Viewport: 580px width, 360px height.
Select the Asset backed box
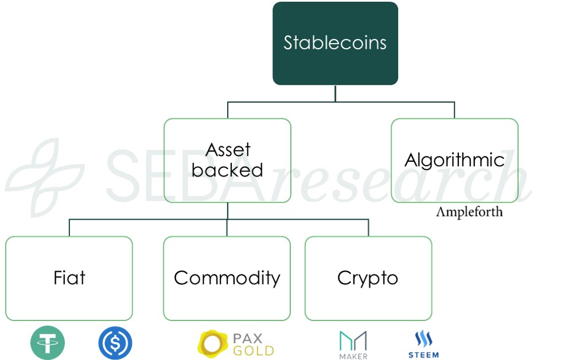click(x=227, y=161)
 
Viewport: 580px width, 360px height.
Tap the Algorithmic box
click(x=454, y=161)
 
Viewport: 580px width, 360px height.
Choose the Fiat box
click(x=69, y=278)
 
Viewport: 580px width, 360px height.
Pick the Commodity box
click(x=227, y=278)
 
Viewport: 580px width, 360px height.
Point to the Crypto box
click(x=368, y=278)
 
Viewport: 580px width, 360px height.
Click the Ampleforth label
click(x=469, y=212)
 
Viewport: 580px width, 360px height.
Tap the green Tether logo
click(x=48, y=343)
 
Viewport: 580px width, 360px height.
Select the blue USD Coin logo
click(x=115, y=343)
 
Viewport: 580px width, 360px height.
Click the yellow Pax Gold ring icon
click(x=213, y=343)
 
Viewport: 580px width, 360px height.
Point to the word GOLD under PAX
click(x=253, y=350)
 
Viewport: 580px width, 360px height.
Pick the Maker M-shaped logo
click(x=353, y=341)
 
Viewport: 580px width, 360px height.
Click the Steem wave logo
click(x=423, y=339)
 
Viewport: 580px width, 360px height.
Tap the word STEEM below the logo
click(x=423, y=355)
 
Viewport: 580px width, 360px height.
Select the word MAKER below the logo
click(x=353, y=356)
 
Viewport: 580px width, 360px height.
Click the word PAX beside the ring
click(x=248, y=337)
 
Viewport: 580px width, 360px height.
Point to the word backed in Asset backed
click(x=227, y=170)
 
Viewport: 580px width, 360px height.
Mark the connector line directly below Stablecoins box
click(x=335, y=93)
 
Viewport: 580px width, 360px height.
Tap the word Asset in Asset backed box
click(x=228, y=150)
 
